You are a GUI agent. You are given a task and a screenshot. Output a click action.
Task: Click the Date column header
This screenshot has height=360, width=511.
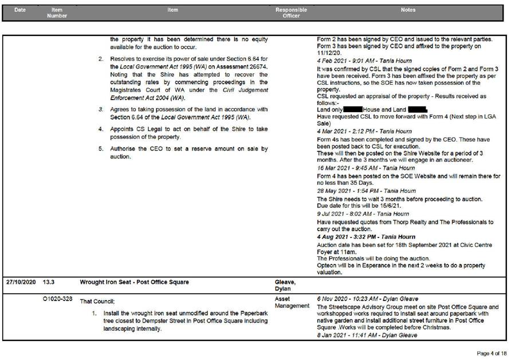[20, 10]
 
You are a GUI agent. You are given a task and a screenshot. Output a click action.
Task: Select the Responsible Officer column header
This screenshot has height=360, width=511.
[291, 13]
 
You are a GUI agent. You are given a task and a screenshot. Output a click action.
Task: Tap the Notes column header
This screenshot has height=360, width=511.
[408, 10]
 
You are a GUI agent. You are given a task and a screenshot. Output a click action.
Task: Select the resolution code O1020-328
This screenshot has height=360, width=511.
[57, 299]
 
